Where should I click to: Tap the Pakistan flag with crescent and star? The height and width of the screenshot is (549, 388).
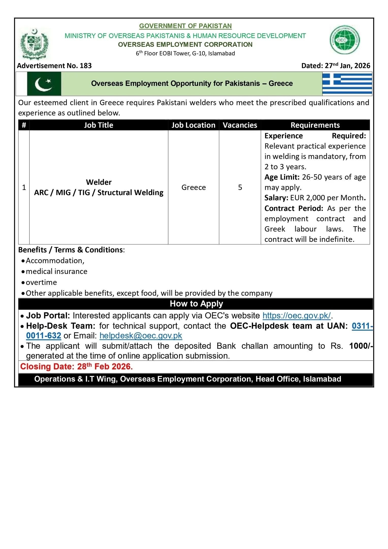[44, 84]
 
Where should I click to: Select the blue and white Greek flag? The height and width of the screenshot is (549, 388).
[347, 84]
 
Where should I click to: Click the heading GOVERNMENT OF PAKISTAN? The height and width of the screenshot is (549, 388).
[185, 26]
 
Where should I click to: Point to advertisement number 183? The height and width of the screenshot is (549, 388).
[54, 66]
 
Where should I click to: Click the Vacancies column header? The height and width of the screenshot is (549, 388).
[240, 125]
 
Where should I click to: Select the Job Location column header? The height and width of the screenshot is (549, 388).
[193, 125]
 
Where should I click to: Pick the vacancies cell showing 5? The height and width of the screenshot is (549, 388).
[240, 187]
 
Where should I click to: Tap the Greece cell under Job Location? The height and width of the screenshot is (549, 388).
[193, 187]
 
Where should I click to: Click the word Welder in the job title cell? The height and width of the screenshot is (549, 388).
[99, 182]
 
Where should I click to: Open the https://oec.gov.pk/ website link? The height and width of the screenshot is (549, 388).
[297, 315]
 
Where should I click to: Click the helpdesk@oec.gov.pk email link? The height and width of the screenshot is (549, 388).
[141, 335]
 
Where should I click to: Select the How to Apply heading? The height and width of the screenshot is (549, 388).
[196, 304]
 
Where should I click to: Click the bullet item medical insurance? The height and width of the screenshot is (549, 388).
[56, 271]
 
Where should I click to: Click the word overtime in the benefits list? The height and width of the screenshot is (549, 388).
[41, 282]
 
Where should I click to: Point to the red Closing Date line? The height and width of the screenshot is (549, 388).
[76, 367]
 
